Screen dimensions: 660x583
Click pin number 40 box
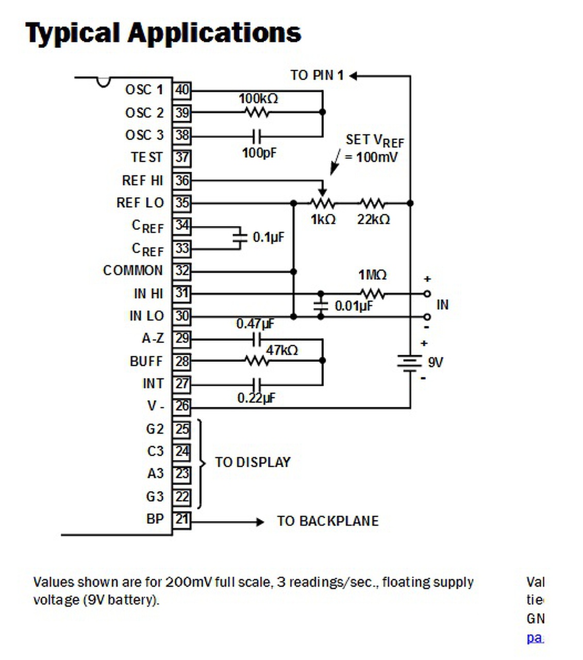pyautogui.click(x=181, y=90)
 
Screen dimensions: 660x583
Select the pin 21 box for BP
pyautogui.click(x=181, y=519)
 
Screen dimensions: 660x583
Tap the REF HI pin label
pyautogui.click(x=142, y=180)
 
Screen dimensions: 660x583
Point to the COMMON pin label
pyautogui.click(x=132, y=271)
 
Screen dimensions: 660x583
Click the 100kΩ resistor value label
pyautogui.click(x=258, y=98)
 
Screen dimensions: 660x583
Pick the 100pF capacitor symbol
pyautogui.click(x=257, y=137)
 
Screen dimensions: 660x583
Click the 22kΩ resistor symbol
pyautogui.click(x=372, y=203)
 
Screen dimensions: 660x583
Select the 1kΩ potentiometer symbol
pyautogui.click(x=323, y=203)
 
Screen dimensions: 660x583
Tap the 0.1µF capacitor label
pyautogui.click(x=268, y=237)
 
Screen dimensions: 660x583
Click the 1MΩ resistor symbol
pyautogui.click(x=372, y=294)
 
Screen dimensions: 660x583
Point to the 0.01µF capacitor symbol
pyautogui.click(x=321, y=305)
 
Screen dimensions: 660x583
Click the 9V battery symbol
pyautogui.click(x=410, y=362)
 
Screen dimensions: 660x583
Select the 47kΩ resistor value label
pyautogui.click(x=282, y=350)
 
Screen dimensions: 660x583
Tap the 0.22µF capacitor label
pyautogui.click(x=256, y=398)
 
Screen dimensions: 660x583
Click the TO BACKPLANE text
pyautogui.click(x=328, y=521)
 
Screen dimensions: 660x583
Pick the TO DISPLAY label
pyautogui.click(x=253, y=462)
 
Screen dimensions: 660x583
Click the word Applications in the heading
pyautogui.click(x=214, y=32)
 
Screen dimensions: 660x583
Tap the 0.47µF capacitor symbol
pyautogui.click(x=257, y=339)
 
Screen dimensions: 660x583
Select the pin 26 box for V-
pyautogui.click(x=181, y=406)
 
